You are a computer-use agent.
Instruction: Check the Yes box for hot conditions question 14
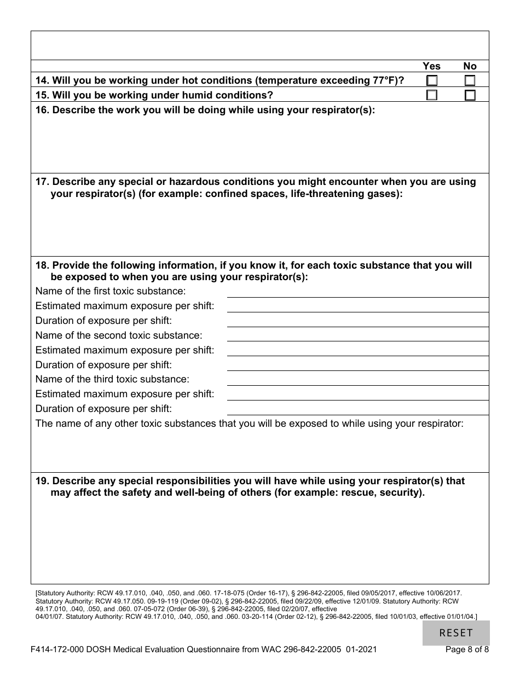tap(432, 81)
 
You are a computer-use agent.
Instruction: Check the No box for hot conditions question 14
tap(470, 81)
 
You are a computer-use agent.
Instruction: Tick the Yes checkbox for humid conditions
tap(432, 95)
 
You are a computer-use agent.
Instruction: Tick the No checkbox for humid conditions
tap(470, 95)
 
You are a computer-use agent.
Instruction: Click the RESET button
tap(456, 633)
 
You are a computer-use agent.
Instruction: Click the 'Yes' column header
tap(431, 66)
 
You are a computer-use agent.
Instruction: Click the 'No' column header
tap(470, 66)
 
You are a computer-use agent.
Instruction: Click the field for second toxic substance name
tap(357, 335)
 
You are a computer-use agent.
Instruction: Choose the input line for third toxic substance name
tap(357, 379)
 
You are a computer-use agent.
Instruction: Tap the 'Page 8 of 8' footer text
tap(467, 650)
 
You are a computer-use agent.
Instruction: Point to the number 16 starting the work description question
tap(42, 110)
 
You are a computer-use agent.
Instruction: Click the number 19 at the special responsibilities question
tap(42, 481)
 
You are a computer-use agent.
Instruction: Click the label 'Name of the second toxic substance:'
tap(119, 335)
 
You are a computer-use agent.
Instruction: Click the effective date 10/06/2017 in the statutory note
tap(441, 593)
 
